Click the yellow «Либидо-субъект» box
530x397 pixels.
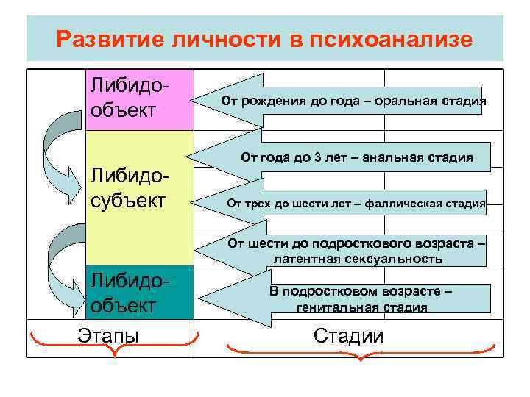pos(140,188)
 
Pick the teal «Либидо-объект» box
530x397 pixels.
pos(140,293)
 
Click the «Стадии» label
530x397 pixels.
pos(348,337)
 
